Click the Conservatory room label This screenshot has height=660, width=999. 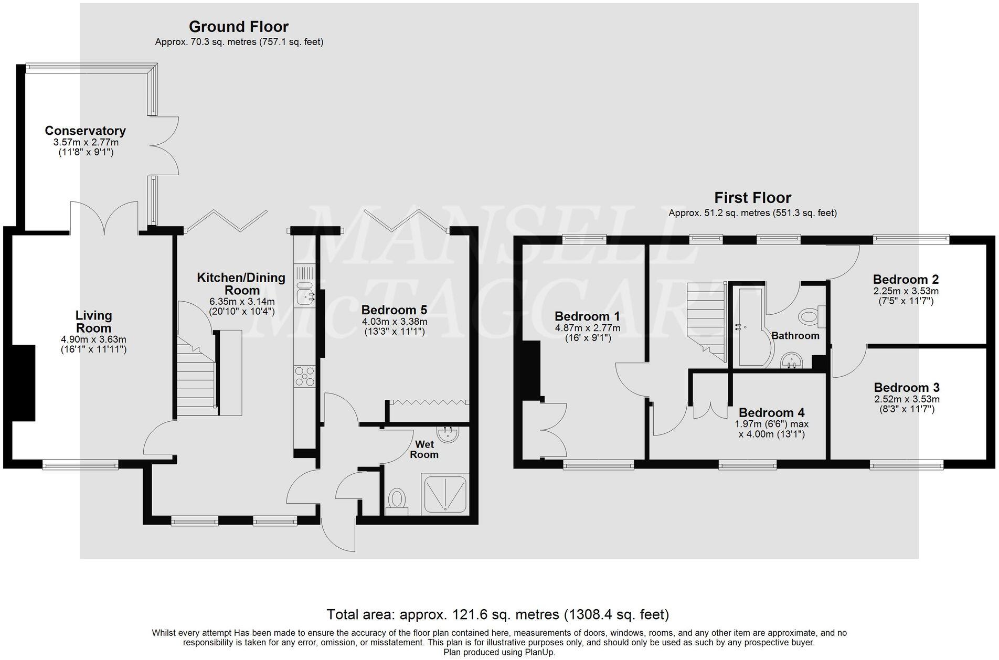pyautogui.click(x=85, y=131)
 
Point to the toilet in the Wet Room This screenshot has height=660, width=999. pyautogui.click(x=397, y=499)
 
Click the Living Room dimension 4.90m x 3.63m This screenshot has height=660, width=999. pyautogui.click(x=93, y=339)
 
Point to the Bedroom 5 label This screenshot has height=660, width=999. pyautogui.click(x=394, y=310)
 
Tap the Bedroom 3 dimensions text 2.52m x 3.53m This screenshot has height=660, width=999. pyautogui.click(x=906, y=399)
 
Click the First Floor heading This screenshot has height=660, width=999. pyautogui.click(x=752, y=198)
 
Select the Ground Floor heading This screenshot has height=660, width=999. pyautogui.click(x=238, y=27)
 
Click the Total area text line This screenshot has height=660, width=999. pyautogui.click(x=497, y=614)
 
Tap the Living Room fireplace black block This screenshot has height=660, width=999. pyautogui.click(x=25, y=382)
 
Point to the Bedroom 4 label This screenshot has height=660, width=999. pyautogui.click(x=771, y=413)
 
